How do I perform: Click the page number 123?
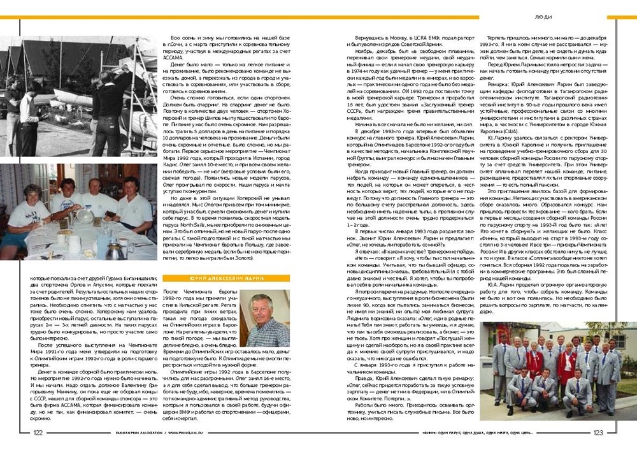coord(598,432)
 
